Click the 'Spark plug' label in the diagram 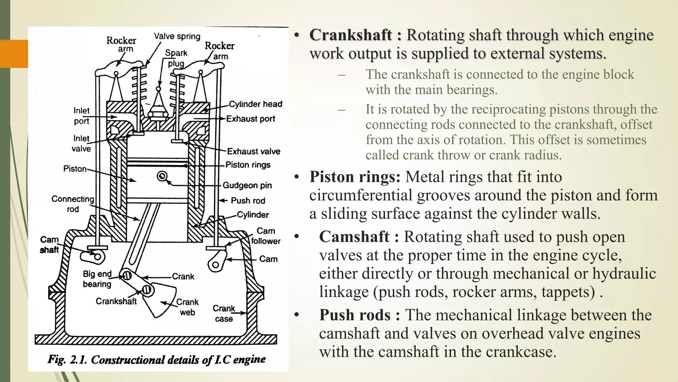pos(176,58)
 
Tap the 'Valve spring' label pos(177,36)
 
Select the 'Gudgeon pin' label pos(247,185)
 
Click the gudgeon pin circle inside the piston pos(162,176)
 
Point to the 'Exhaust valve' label pos(254,151)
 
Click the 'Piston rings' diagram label pos(248,165)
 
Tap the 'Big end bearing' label pos(97,279)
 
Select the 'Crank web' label pos(187,307)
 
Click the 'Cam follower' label pos(266,236)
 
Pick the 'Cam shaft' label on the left pos(49,245)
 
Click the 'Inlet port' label pos(81,116)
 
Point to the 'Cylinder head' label pos(256,104)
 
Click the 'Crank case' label pos(224,313)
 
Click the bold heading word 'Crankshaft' pos(350,35)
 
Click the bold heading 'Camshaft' pos(354,237)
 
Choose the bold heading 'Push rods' pos(355,315)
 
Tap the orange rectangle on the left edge pos(14,53)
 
